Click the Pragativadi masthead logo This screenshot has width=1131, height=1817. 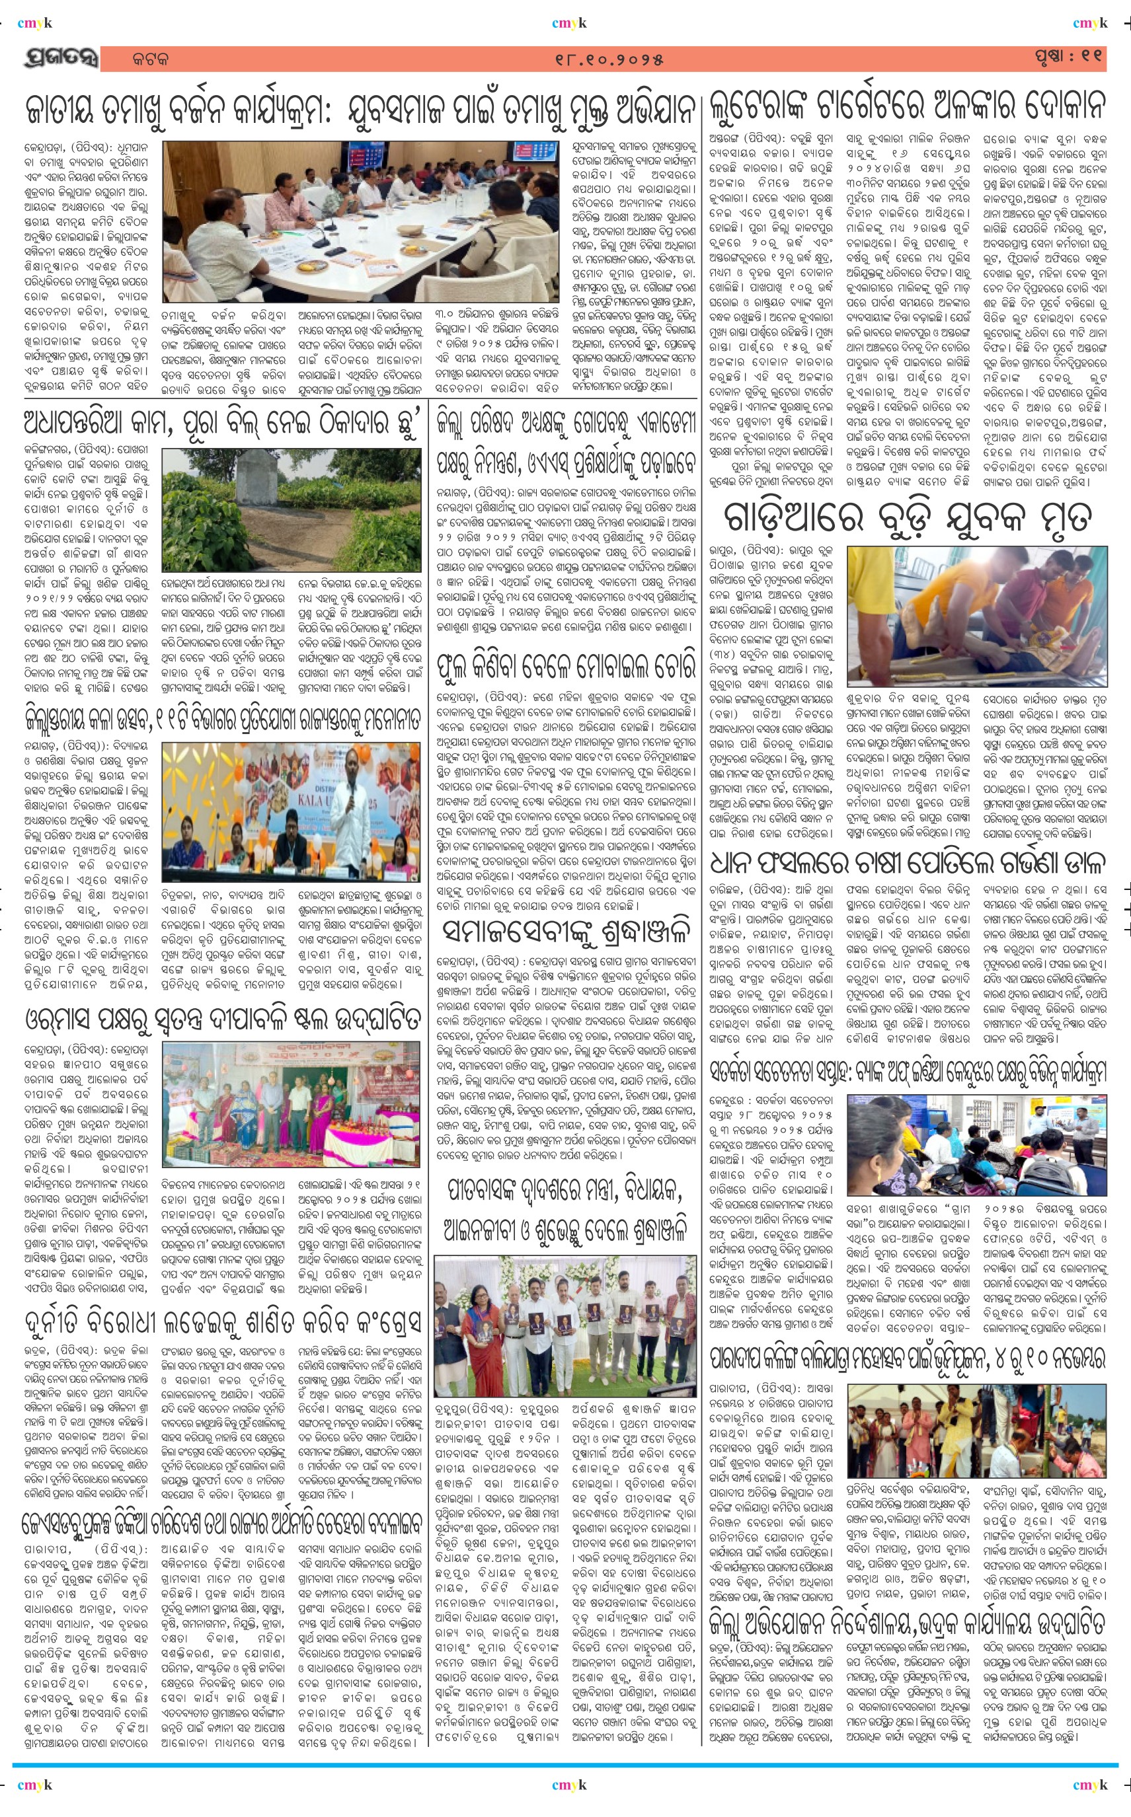point(61,58)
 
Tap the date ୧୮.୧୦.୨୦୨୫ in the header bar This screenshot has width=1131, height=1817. point(609,59)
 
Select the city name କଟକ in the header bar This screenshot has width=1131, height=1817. point(149,59)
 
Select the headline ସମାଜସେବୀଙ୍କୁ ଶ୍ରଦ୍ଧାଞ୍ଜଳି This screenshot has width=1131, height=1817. point(566,931)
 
